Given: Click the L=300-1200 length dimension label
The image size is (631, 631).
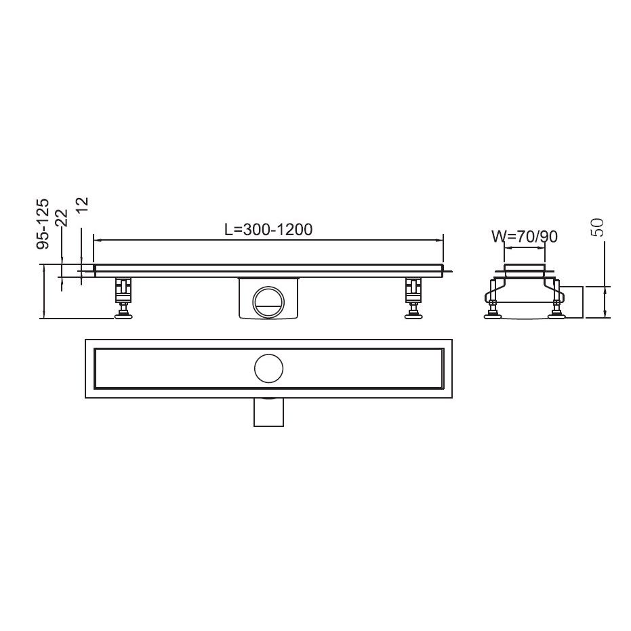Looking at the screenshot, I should pos(268,229).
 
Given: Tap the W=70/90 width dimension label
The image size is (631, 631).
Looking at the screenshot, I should pos(524,237).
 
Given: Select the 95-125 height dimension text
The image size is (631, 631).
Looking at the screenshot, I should pos(43,222).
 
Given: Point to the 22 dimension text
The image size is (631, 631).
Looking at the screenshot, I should pos(61,217).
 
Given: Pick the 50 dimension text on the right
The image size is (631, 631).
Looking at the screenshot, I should pos(597,228).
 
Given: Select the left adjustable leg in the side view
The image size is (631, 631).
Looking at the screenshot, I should pos(123,291).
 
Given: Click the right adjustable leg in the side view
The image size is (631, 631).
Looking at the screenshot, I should pos(412,291).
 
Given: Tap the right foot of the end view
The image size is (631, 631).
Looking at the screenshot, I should pos(557,312).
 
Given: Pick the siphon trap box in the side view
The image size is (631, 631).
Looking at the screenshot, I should pos(268,300).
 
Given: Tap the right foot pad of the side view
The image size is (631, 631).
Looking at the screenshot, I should pos(412,313).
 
